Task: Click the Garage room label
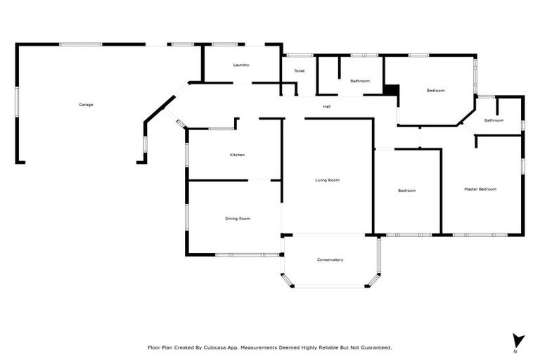click(x=86, y=105)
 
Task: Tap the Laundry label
click(x=241, y=65)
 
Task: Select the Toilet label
click(x=300, y=71)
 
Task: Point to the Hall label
click(x=327, y=107)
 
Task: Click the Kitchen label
click(x=237, y=155)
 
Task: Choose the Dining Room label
click(x=238, y=219)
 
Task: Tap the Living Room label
click(x=327, y=181)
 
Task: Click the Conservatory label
click(x=330, y=260)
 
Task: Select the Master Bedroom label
click(x=480, y=189)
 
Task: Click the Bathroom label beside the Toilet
click(x=360, y=81)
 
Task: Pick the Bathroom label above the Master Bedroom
click(x=494, y=120)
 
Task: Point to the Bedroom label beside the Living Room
click(x=407, y=191)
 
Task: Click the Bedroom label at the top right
click(x=436, y=90)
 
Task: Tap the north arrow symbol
click(x=518, y=340)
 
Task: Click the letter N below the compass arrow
click(x=515, y=351)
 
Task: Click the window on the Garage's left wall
click(x=17, y=99)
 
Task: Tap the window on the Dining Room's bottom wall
click(x=238, y=255)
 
